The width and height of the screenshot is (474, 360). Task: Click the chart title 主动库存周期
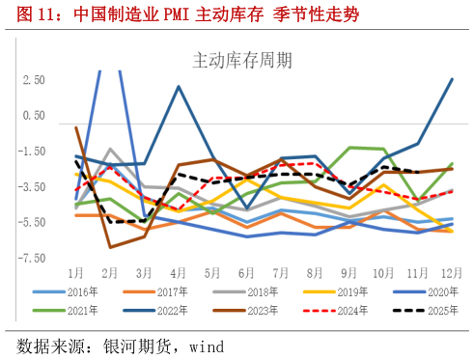tap(236, 60)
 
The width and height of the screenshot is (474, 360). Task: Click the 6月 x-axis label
tap(247, 272)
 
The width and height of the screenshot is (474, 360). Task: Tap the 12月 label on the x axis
tap(452, 272)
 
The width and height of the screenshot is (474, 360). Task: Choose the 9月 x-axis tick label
tap(349, 272)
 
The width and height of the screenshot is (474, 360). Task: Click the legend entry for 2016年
tap(79, 291)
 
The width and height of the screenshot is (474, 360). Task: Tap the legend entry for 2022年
tap(166, 311)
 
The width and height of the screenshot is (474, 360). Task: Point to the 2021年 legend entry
tap(79, 311)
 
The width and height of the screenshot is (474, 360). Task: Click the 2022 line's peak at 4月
tap(180, 87)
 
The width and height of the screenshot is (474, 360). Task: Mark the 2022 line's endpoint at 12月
tap(453, 79)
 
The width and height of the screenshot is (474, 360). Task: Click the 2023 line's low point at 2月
tap(111, 247)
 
